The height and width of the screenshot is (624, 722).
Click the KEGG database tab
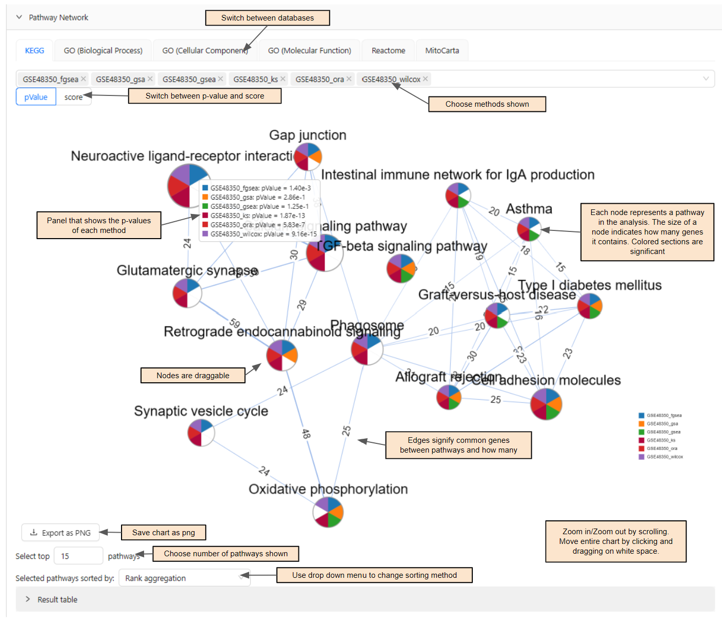(34, 51)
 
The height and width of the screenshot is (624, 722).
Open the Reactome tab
(388, 51)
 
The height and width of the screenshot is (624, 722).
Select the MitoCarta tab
(442, 51)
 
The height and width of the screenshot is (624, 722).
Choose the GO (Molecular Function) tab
(309, 51)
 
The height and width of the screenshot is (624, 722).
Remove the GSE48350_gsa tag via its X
(150, 79)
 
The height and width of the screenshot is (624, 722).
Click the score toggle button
(73, 97)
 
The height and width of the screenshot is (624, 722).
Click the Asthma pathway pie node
(529, 229)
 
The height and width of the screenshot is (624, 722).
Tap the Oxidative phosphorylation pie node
(328, 512)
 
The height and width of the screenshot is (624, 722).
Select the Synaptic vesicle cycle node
(201, 433)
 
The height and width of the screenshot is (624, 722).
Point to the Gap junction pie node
(308, 157)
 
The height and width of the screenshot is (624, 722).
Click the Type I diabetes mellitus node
(590, 306)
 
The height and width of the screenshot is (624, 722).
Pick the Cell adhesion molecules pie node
(546, 404)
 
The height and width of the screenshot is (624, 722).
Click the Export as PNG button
(61, 533)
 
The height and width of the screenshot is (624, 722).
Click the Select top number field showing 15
(78, 556)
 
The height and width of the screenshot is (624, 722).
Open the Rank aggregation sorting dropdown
(184, 578)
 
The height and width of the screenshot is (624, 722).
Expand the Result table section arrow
(28, 599)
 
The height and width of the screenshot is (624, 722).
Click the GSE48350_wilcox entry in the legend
(664, 457)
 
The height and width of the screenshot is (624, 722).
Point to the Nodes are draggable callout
(193, 376)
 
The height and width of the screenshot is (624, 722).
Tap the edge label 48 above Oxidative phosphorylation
(306, 434)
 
